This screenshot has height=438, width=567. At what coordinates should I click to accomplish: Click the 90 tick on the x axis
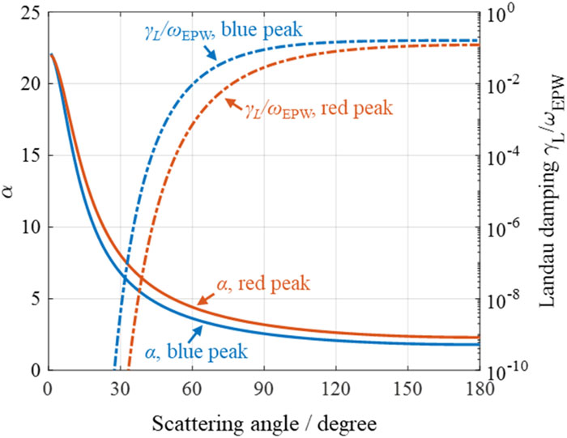[x=264, y=389]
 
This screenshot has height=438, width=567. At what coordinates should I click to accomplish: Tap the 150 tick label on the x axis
[x=408, y=389]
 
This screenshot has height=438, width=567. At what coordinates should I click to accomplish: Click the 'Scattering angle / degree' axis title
[x=264, y=423]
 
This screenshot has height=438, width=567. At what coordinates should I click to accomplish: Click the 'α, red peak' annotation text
[x=263, y=283]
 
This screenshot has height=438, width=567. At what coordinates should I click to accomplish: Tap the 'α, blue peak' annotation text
[x=196, y=351]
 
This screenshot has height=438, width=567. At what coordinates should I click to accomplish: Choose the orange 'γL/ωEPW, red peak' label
[x=319, y=108]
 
